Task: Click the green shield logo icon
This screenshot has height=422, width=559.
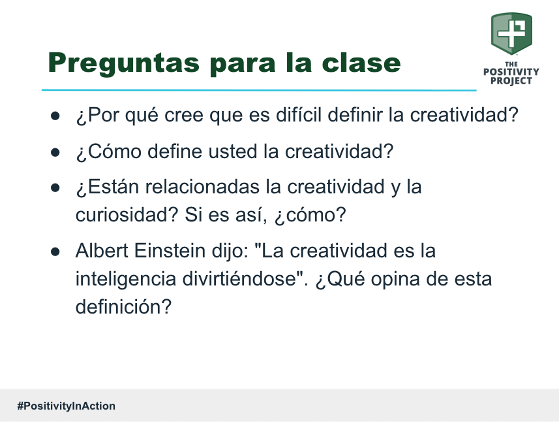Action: (511, 33)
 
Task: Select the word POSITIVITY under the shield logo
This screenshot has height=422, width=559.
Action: (511, 72)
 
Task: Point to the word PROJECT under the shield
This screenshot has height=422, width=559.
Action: (511, 81)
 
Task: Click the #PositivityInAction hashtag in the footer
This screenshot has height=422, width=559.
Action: (67, 406)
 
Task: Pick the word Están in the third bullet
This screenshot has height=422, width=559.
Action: (108, 187)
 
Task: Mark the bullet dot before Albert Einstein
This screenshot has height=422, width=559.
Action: (56, 252)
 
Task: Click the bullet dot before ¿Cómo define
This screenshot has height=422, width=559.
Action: (56, 152)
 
